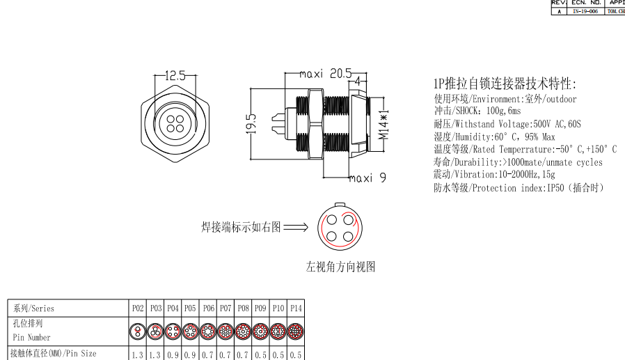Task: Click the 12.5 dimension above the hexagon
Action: [x=175, y=76]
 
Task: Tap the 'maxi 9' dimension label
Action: [x=367, y=178]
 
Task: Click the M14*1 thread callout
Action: [x=384, y=125]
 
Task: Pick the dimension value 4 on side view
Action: [x=357, y=81]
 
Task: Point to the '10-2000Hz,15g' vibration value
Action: [x=526, y=175]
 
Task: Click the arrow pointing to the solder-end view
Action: [x=296, y=227]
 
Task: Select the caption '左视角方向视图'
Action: [x=341, y=267]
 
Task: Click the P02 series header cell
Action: [x=138, y=308]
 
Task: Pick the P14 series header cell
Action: [x=296, y=308]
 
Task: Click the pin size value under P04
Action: [x=173, y=354]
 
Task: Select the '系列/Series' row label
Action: [x=33, y=308]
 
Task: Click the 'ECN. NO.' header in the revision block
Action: [x=585, y=3]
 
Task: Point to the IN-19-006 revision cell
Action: [x=585, y=11]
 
